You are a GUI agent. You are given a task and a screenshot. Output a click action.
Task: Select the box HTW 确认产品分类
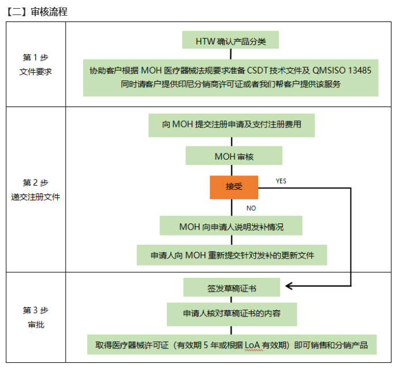[x=230, y=41]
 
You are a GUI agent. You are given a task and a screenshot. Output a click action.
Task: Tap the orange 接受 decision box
[x=233, y=187]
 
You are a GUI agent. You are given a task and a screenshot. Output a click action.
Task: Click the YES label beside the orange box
[x=281, y=181]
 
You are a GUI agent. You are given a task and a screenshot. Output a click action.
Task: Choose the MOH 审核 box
[x=234, y=156]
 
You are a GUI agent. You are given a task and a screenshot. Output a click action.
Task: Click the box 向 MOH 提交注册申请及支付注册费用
[x=231, y=124]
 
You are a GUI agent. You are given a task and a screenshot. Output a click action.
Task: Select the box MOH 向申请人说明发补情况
[x=231, y=226]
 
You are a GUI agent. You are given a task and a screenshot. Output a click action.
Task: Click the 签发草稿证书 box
[x=232, y=286]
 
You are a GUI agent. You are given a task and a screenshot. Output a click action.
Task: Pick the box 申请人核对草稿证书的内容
[x=232, y=313]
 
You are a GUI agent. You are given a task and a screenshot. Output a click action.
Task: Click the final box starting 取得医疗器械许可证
[x=232, y=345]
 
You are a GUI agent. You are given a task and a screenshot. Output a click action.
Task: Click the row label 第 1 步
[x=36, y=57]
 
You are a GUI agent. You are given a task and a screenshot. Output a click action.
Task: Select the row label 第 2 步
[x=36, y=182]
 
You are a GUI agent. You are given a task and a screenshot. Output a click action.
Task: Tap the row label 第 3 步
[x=36, y=310]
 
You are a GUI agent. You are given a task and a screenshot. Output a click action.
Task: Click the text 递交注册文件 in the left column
[x=36, y=197]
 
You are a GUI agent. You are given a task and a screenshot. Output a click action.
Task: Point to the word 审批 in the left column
[x=36, y=325]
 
